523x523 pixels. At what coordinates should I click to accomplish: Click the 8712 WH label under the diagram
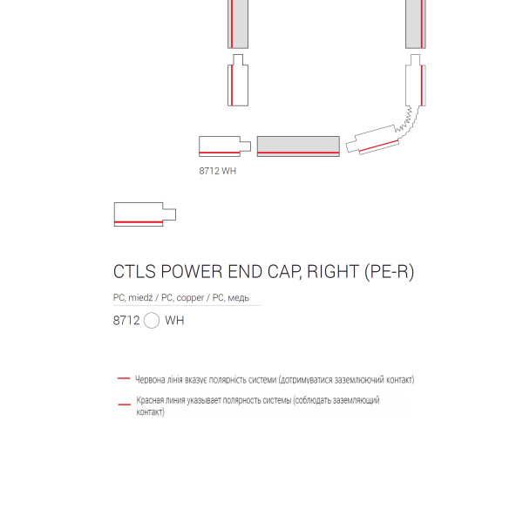click(x=217, y=171)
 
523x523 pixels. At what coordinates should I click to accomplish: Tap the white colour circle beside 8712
click(x=152, y=320)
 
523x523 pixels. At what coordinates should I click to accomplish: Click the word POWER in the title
click(x=192, y=271)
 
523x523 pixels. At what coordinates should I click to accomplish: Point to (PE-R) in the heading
click(x=390, y=271)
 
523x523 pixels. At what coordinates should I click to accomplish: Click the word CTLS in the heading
click(x=134, y=271)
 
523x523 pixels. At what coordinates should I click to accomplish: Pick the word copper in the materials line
click(x=190, y=298)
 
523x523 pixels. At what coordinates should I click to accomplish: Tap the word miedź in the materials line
click(x=140, y=297)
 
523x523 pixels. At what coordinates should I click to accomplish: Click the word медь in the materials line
click(x=239, y=297)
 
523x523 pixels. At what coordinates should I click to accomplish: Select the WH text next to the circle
click(x=174, y=320)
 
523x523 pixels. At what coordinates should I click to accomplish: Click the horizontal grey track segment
click(x=298, y=146)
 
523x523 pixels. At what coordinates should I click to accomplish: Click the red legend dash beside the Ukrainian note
click(x=124, y=378)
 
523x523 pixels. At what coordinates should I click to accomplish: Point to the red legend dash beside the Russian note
click(x=125, y=404)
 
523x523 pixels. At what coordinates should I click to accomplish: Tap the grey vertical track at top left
click(x=238, y=24)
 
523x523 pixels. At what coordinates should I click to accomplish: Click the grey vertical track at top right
click(x=416, y=24)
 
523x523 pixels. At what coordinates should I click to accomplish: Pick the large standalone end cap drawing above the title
click(x=145, y=214)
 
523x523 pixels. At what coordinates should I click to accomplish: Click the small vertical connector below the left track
click(x=238, y=80)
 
